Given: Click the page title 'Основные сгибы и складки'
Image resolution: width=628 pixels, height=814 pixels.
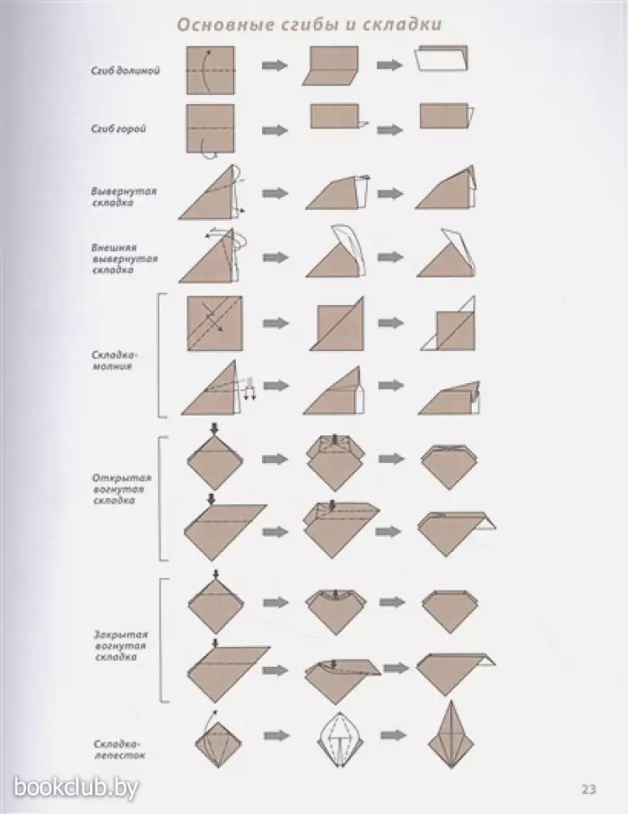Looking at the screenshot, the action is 310,24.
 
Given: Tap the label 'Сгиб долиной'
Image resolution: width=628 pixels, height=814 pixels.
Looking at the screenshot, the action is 125,71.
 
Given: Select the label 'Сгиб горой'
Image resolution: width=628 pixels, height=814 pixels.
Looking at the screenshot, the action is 118,128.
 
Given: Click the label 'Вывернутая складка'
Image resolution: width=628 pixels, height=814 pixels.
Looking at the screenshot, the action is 124,197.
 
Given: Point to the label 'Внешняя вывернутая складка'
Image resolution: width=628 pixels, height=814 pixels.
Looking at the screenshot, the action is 125,258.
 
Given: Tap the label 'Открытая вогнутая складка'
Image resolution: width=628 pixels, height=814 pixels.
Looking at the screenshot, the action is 121,489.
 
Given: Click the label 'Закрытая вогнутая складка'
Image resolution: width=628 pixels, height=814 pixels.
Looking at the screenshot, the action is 121,645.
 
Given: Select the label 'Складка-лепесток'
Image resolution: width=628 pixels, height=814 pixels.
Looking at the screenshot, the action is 119,749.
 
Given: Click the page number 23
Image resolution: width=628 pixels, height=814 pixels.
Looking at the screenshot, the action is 589,790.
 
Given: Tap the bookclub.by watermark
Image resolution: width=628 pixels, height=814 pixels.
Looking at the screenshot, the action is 75,787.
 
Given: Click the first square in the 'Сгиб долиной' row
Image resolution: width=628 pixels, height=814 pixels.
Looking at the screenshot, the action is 210,70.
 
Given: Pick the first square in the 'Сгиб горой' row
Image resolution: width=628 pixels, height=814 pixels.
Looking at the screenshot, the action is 210,128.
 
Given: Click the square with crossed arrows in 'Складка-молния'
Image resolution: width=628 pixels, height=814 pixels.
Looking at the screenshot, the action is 214,323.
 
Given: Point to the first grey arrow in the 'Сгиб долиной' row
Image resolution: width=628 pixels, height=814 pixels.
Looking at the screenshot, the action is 275,65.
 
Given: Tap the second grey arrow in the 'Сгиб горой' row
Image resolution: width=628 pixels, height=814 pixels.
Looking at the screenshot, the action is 390,129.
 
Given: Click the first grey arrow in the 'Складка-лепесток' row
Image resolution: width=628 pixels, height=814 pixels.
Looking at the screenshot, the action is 276,736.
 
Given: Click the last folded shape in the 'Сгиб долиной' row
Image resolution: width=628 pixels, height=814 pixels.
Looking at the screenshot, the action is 442,58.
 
